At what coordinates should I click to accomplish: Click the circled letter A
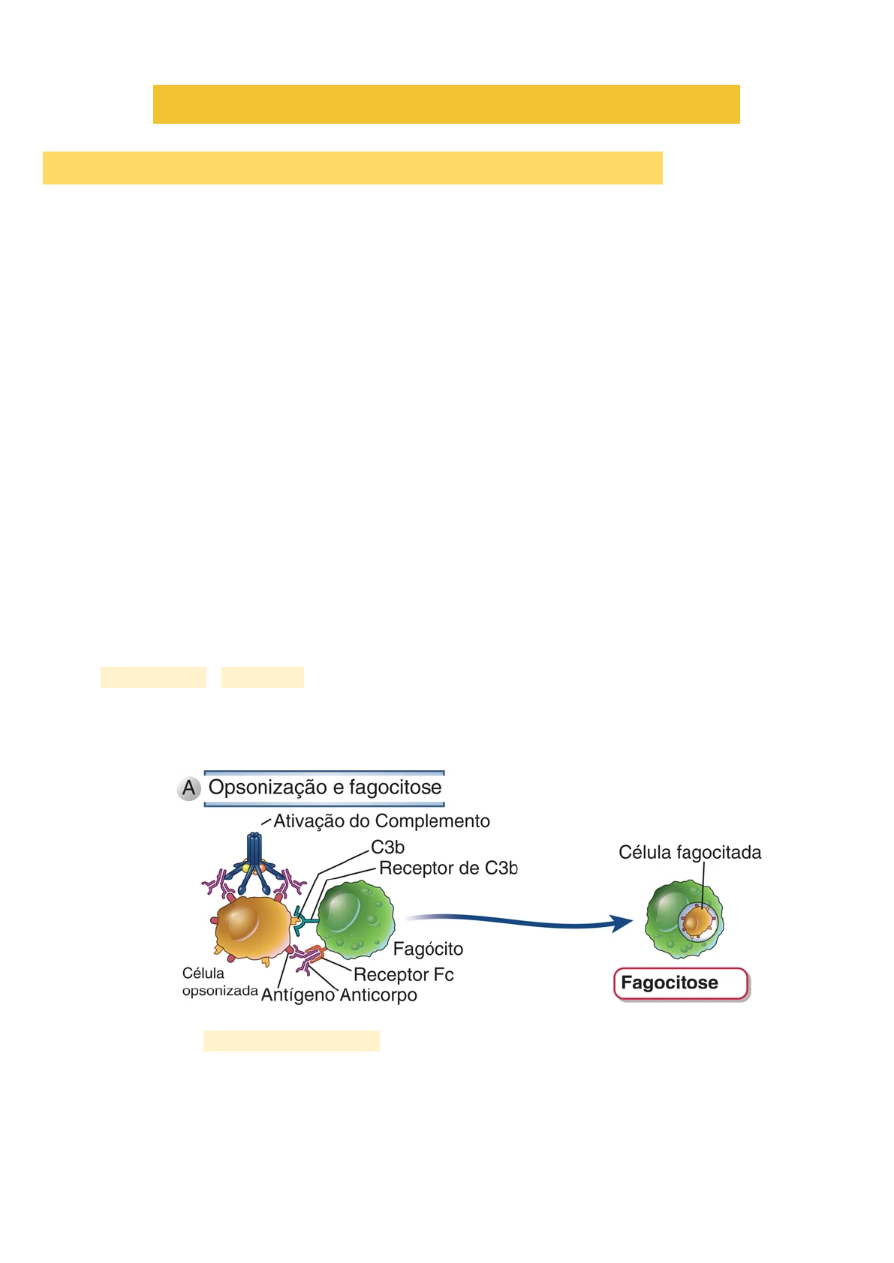(x=188, y=788)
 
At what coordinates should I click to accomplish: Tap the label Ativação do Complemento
(x=381, y=821)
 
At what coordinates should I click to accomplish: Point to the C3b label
(x=387, y=847)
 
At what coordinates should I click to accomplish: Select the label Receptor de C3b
(x=448, y=868)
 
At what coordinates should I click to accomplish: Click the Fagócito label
(x=428, y=949)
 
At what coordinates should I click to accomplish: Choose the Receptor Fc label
(x=403, y=975)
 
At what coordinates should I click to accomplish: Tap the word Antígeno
(x=297, y=995)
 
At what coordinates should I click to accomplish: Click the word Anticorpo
(x=378, y=995)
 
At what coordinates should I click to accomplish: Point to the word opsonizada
(x=220, y=991)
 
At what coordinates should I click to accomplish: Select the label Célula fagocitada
(x=690, y=853)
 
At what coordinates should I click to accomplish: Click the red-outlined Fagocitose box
(x=681, y=983)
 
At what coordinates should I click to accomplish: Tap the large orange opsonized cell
(x=252, y=927)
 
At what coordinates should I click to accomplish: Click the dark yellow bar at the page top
(x=446, y=104)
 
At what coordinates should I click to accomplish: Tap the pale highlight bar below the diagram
(x=291, y=1041)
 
